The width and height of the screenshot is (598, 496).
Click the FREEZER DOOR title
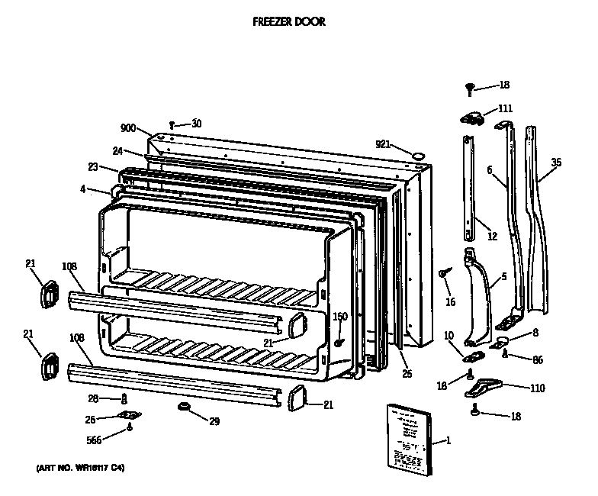click(x=289, y=22)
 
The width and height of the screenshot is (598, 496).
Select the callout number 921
click(x=383, y=143)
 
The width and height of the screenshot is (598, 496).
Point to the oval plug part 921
click(x=417, y=156)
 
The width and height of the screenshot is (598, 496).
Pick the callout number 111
click(x=505, y=108)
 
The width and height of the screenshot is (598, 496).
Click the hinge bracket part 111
click(x=473, y=116)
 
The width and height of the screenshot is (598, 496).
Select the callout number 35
click(x=556, y=162)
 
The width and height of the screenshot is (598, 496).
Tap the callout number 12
click(x=492, y=236)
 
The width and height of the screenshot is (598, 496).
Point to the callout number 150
click(x=340, y=317)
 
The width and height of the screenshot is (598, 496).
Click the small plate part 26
click(x=127, y=416)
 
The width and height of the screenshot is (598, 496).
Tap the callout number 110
click(x=538, y=388)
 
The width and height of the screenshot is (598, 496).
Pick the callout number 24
click(x=118, y=150)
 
